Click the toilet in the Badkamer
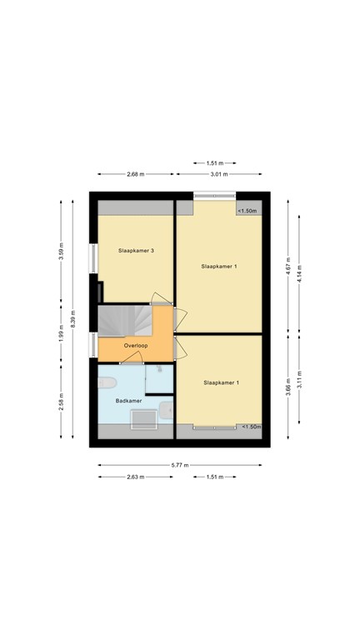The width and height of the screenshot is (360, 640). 106,383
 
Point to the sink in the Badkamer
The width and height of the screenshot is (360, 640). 167,409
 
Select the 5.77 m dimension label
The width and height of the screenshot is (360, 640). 180,465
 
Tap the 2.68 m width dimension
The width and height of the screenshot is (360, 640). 136,174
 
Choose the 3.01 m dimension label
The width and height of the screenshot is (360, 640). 218,174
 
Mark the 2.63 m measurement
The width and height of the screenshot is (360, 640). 136,477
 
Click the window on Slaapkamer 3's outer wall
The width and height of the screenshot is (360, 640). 94,256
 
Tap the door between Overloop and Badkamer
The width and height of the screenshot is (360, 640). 132,362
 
